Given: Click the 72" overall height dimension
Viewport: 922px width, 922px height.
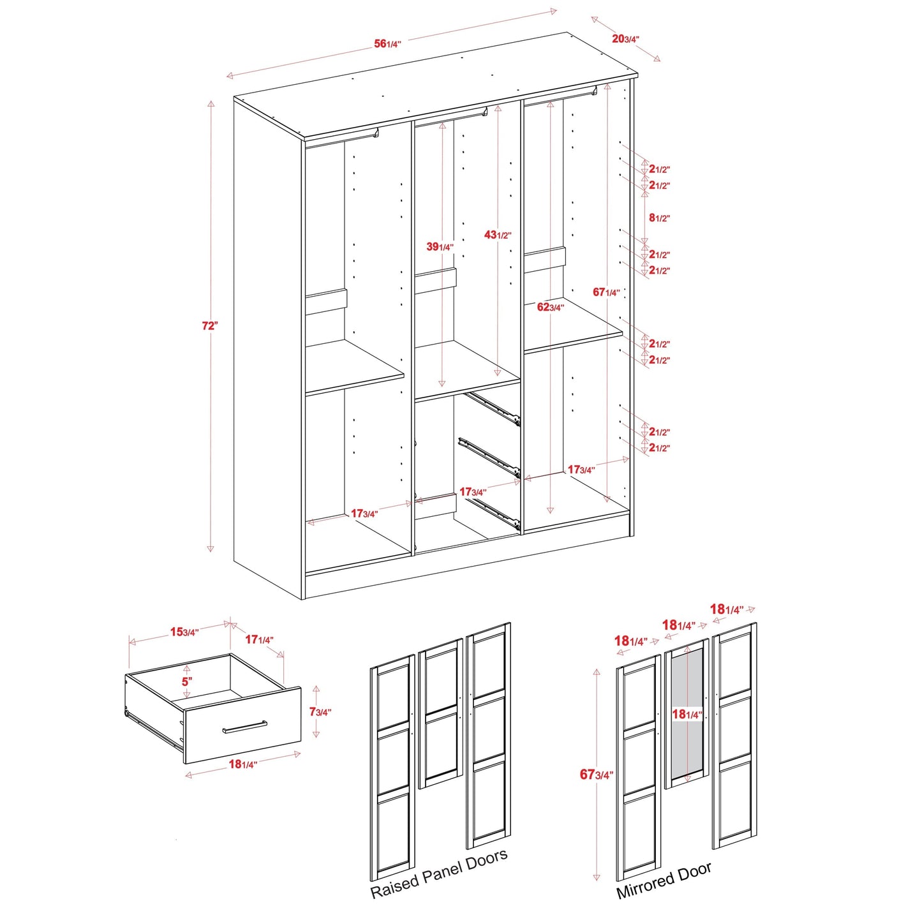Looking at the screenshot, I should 210,325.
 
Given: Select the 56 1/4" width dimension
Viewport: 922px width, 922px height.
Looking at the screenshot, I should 387,44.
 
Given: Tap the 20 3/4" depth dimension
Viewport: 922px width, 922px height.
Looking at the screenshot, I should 625,39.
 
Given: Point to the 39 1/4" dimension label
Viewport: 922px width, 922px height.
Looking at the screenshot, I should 440,247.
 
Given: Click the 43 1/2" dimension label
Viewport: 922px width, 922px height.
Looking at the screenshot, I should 497,235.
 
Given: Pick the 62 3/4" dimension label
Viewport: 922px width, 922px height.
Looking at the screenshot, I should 550,307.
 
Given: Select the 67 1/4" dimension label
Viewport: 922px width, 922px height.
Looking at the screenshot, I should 606,292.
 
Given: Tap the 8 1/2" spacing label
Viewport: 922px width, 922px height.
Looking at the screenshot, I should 659,218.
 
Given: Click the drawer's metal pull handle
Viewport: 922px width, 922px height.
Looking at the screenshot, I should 244,727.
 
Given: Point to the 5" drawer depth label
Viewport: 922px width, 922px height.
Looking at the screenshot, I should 186,681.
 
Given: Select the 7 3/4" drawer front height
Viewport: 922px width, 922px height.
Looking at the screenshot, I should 320,711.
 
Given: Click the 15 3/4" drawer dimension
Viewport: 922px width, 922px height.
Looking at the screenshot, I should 184,632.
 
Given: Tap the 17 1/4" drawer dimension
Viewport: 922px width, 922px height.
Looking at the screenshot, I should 259,639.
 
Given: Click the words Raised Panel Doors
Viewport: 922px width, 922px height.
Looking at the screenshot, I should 439,874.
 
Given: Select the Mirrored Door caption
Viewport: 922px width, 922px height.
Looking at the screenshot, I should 664,881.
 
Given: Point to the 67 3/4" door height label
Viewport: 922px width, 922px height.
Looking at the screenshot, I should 596,775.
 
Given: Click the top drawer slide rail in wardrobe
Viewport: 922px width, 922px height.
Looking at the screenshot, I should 493,408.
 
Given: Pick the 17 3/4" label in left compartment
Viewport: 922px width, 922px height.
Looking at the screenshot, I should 364,514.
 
